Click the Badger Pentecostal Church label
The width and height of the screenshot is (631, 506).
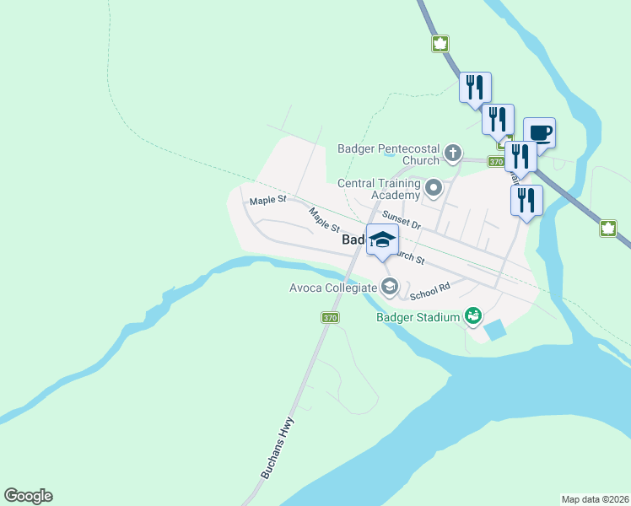388,154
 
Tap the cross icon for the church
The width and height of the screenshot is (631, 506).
453,153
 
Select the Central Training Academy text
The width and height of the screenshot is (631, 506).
379,189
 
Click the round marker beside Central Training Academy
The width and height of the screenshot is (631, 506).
434,188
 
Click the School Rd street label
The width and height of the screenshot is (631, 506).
430,291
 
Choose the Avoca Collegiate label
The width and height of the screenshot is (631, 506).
334,288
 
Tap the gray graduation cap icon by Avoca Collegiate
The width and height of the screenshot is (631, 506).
389,288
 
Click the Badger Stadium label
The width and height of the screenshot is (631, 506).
418,317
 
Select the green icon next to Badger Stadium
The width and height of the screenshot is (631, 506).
472,316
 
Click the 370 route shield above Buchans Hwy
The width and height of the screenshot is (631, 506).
330,317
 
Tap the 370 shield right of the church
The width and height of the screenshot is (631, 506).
496,161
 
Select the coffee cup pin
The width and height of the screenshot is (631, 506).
539,132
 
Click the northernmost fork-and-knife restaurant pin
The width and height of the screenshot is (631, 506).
475,87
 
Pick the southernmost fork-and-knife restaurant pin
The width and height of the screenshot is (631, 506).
526,202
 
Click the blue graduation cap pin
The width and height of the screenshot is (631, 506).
382,240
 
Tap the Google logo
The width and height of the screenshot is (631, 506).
28,495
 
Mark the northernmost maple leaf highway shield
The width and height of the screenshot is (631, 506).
440,43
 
